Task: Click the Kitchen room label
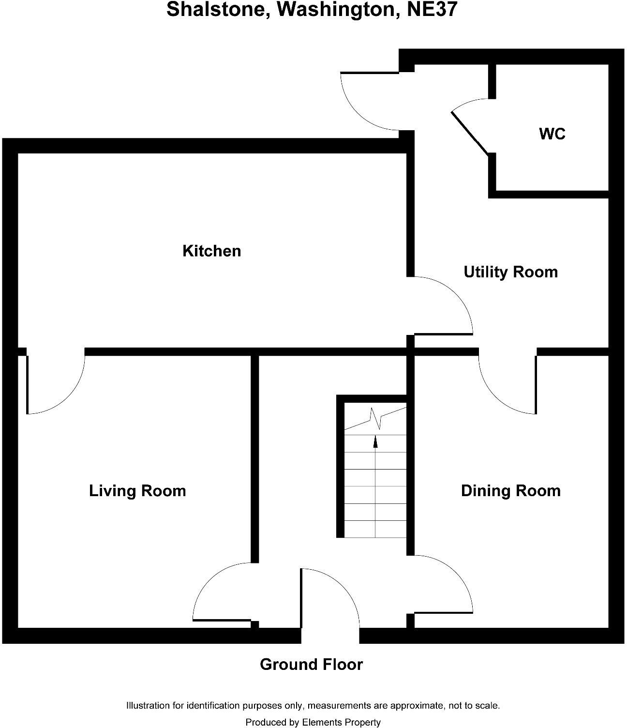click(x=211, y=251)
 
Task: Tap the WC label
click(x=552, y=134)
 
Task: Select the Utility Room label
click(x=510, y=272)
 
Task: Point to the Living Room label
click(x=137, y=491)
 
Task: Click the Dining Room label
click(x=510, y=491)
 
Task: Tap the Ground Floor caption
click(x=311, y=665)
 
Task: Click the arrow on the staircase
click(x=375, y=441)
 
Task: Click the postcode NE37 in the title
click(x=432, y=10)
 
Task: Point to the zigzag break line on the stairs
click(x=376, y=419)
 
